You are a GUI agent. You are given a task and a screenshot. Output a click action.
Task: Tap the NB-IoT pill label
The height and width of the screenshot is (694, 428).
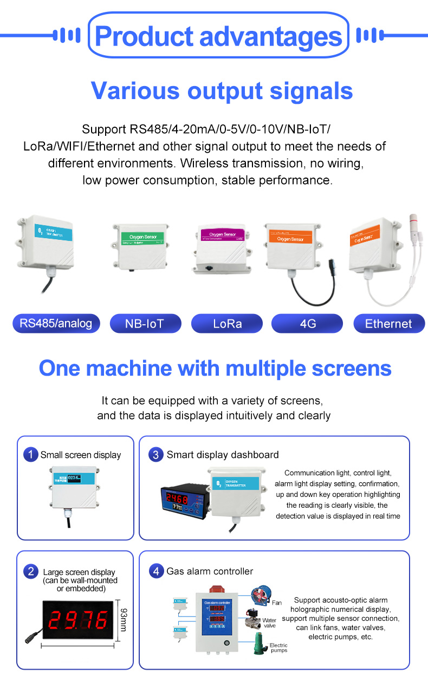145,324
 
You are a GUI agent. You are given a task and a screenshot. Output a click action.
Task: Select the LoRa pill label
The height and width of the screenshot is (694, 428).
227,324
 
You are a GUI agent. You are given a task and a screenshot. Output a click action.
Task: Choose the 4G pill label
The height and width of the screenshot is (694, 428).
307,324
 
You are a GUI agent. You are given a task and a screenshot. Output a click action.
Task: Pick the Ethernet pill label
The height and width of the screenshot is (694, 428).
388,324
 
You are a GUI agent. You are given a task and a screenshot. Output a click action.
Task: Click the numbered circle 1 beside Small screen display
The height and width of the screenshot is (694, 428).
30,455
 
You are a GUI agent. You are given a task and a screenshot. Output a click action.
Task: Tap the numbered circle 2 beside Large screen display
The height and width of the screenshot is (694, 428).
30,572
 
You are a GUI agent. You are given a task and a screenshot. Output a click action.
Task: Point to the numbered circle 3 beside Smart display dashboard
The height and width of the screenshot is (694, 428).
156,455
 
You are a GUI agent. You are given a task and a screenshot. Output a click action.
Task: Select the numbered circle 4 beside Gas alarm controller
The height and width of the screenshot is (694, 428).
156,571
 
